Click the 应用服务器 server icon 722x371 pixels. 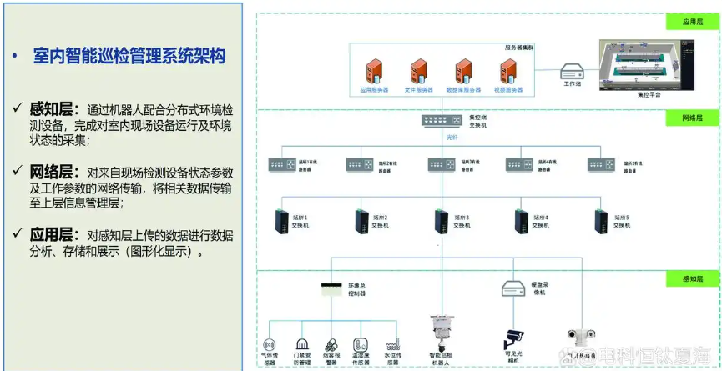[373, 70]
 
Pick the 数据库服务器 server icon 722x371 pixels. [463, 70]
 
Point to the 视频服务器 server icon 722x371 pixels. [508, 70]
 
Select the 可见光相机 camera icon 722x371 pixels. [512, 338]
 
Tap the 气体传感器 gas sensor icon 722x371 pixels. [269, 343]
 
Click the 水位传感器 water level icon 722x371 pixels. [393, 344]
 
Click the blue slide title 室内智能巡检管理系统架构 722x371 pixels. [129, 57]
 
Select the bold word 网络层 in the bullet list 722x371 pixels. [53, 172]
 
